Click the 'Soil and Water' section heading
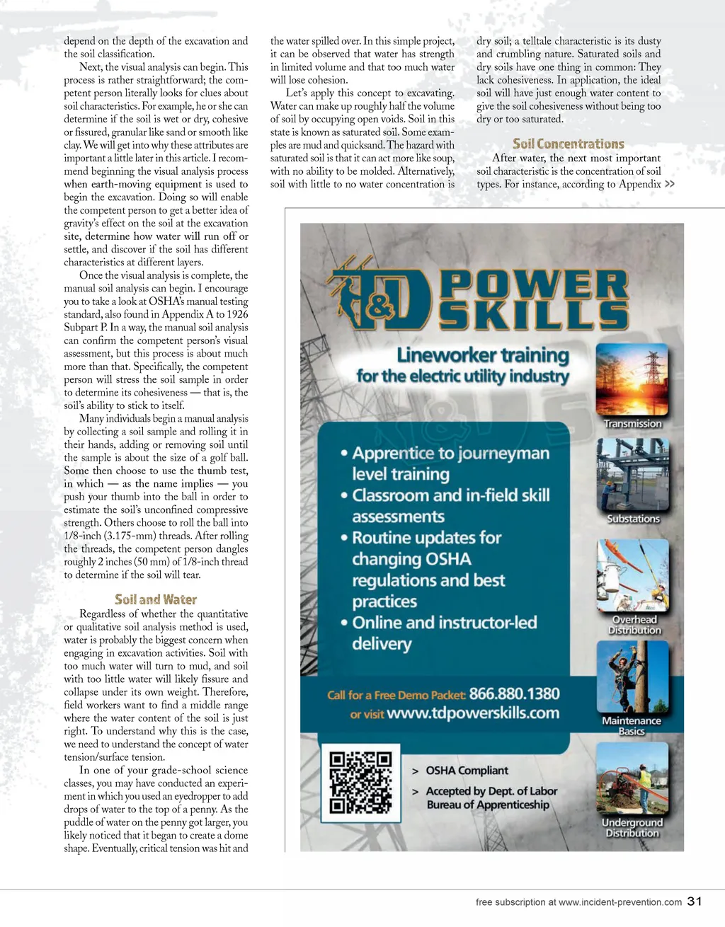pyautogui.click(x=156, y=599)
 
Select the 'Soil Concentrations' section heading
pyautogui.click(x=569, y=144)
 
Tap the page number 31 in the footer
pyautogui.click(x=695, y=901)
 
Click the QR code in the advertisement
pyautogui.click(x=360, y=783)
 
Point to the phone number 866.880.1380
pyautogui.click(x=514, y=693)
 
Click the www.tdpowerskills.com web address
pyautogui.click(x=473, y=713)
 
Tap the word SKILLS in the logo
pyautogui.click(x=535, y=315)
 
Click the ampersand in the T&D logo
pyautogui.click(x=380, y=306)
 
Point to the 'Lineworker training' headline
pyautogui.click(x=483, y=355)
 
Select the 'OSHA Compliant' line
pyautogui.click(x=467, y=771)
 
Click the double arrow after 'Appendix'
pyautogui.click(x=670, y=184)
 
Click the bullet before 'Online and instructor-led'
pyautogui.click(x=344, y=623)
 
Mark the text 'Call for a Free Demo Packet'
pyautogui.click(x=396, y=695)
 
